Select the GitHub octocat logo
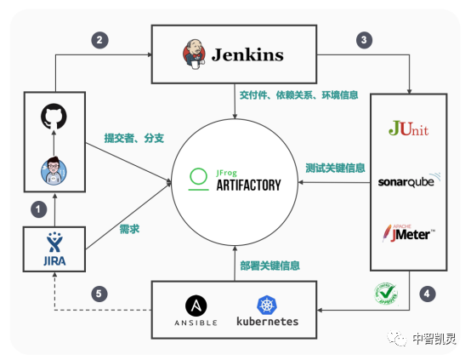54,117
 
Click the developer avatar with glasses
54,171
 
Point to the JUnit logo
408,129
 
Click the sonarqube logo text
408,180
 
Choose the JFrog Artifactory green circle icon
198,177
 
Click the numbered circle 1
37,207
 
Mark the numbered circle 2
100,40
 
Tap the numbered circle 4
426,294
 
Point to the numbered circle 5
100,294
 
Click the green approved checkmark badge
386,294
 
